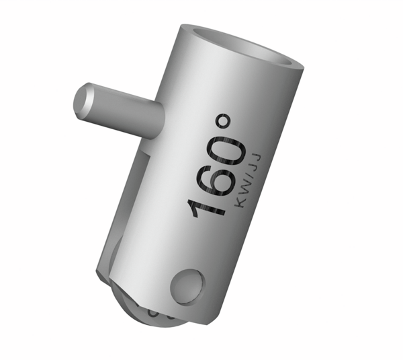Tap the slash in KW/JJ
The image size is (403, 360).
249,176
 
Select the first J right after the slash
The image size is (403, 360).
253,167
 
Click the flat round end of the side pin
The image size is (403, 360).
85,102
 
